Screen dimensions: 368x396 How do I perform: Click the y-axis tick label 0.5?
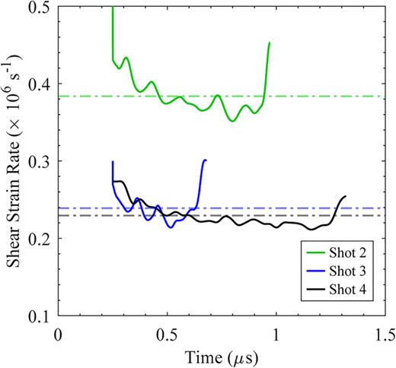pos(37,8)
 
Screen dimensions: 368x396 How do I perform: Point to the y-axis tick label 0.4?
pos(37,84)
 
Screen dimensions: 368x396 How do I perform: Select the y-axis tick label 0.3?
pos(37,161)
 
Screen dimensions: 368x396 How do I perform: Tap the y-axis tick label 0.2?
pos(37,238)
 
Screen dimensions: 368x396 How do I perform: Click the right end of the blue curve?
pos(205,160)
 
